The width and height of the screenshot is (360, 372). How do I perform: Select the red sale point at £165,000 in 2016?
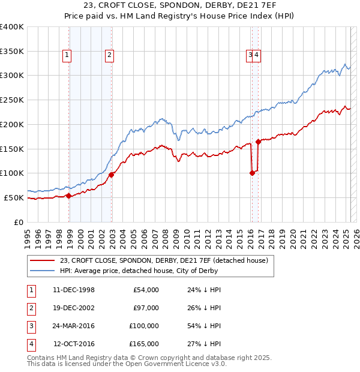coord(258,142)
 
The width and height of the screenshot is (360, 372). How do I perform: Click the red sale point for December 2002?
coord(112,175)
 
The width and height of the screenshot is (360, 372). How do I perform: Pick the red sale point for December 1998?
coord(69,196)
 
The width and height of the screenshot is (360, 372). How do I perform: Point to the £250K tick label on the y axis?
coord(12,100)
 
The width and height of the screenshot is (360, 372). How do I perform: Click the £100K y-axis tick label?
coord(12,173)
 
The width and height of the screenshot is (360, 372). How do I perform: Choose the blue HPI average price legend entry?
coord(149,271)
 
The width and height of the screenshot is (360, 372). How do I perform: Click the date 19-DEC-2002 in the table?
coord(74,308)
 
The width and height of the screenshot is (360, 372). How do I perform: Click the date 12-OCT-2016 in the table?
coord(74,344)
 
